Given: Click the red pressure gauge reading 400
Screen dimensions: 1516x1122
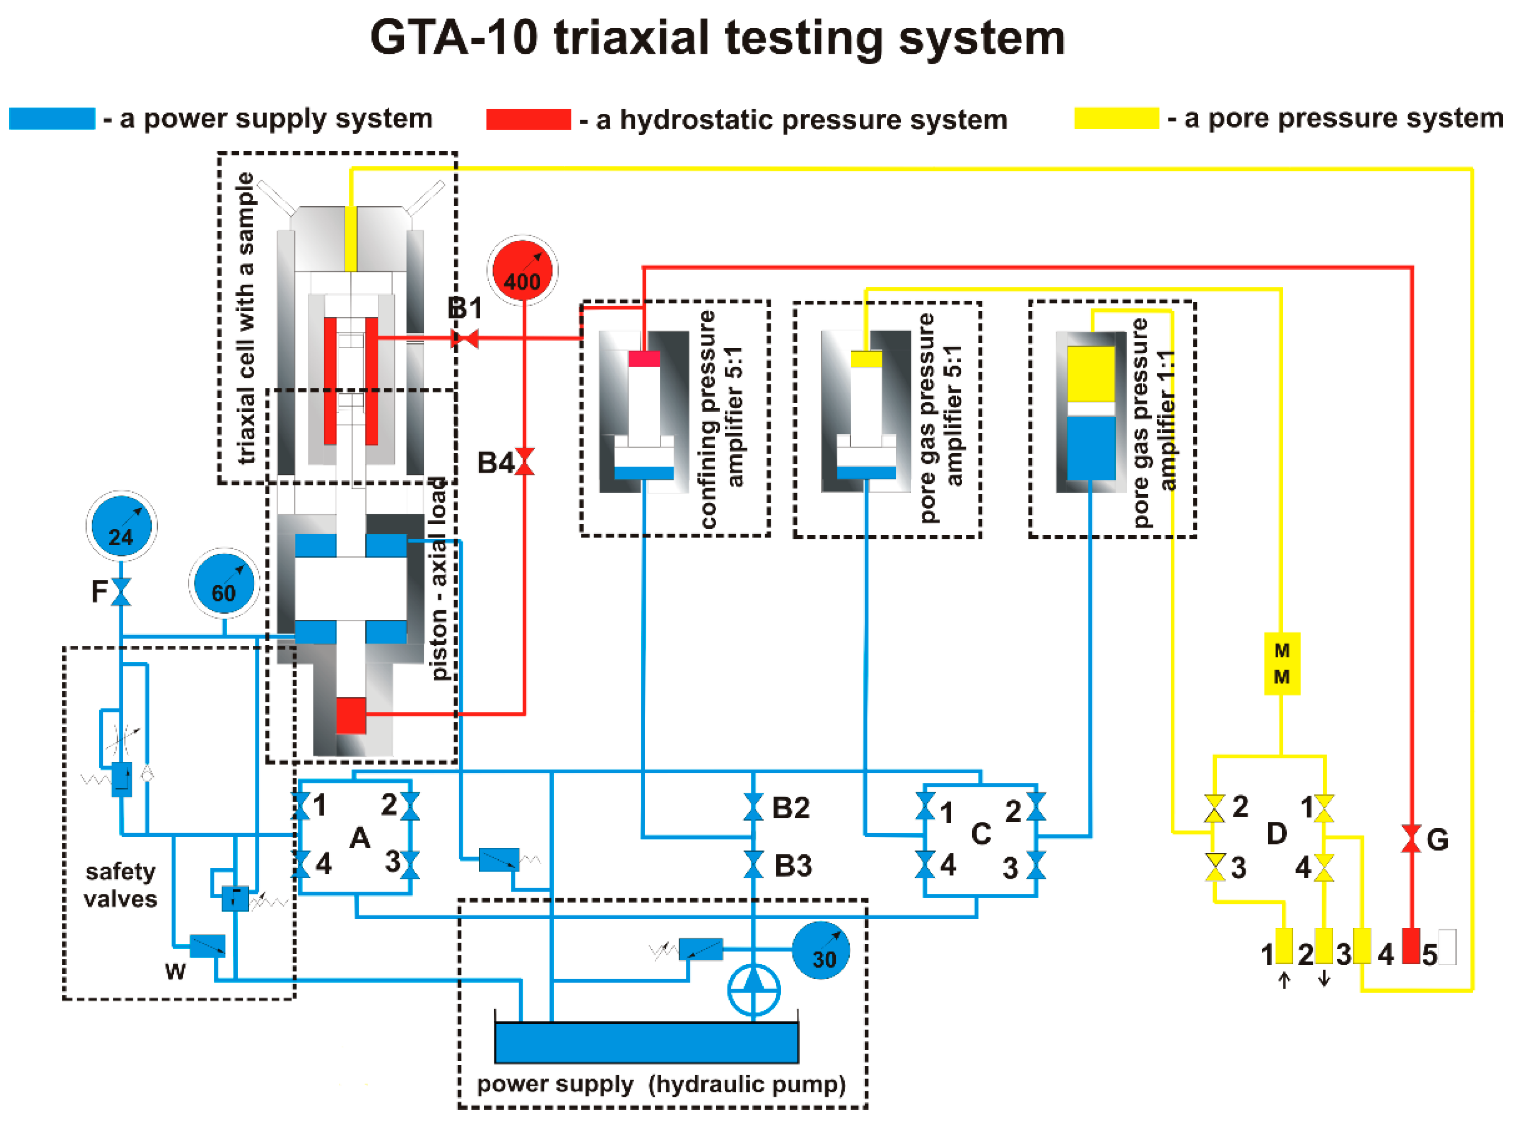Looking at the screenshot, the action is (x=522, y=270).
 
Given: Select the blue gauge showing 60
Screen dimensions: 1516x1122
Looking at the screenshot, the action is (x=224, y=584).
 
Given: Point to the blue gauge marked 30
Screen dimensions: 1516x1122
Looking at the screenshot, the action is (x=821, y=950).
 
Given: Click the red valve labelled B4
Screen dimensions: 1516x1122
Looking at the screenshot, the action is (x=525, y=462).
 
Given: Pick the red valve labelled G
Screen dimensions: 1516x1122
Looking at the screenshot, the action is (x=1411, y=838).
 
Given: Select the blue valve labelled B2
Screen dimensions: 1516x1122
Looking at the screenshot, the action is (x=753, y=807).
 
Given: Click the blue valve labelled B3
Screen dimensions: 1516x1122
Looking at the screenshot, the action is (x=753, y=865).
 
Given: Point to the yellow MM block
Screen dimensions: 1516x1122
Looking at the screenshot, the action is (x=1281, y=664).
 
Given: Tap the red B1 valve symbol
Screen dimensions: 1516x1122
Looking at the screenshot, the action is (x=465, y=338).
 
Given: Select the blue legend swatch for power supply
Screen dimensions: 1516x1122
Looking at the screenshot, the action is (x=52, y=118).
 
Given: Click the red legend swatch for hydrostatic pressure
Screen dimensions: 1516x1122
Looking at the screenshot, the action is (x=529, y=119).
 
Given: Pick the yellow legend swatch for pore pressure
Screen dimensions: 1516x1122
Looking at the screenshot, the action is (x=1116, y=118).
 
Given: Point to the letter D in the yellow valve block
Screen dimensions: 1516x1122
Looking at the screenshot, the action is (x=1277, y=833).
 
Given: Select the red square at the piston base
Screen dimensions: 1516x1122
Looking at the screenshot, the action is (x=351, y=715).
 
